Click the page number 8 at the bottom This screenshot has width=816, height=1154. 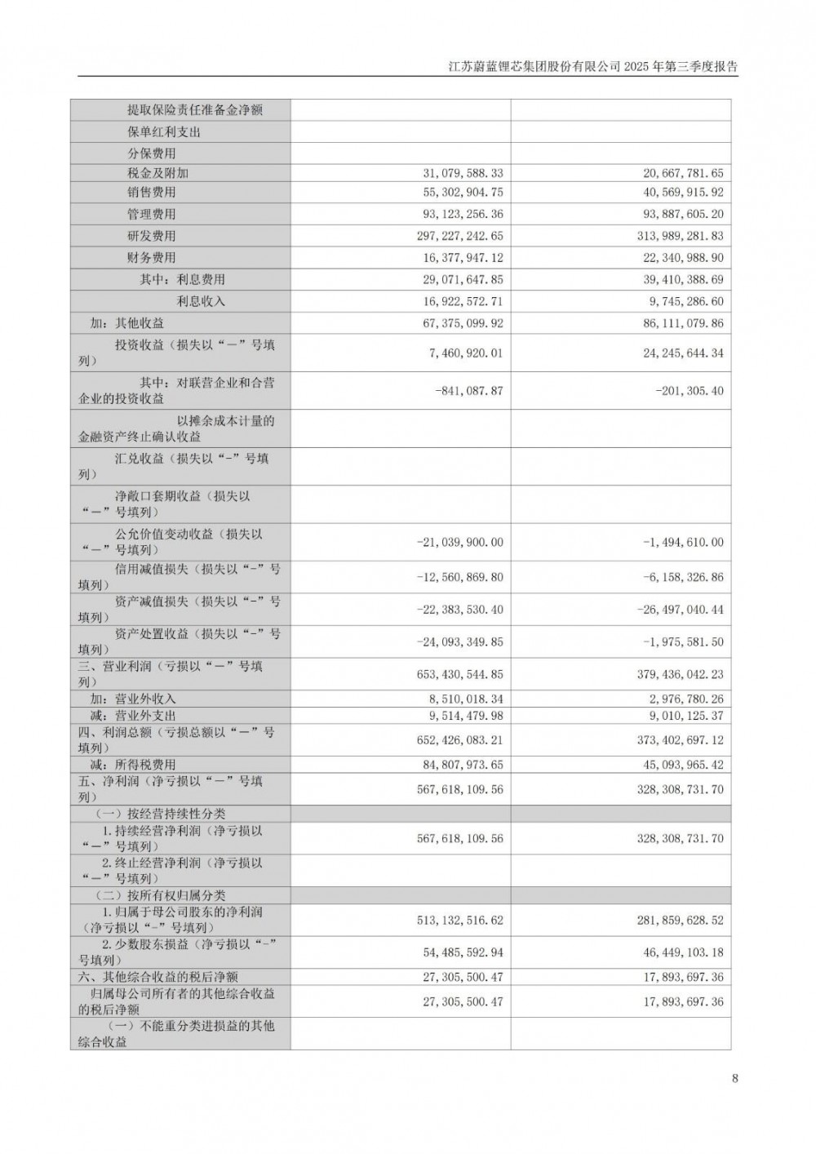tap(735, 1078)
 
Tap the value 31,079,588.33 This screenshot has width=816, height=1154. tap(463, 173)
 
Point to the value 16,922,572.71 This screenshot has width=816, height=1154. tap(463, 301)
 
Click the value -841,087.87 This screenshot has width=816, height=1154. tap(470, 391)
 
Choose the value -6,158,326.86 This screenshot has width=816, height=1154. tap(683, 577)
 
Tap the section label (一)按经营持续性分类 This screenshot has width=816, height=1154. tap(161, 814)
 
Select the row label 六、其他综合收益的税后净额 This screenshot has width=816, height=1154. tap(158, 977)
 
